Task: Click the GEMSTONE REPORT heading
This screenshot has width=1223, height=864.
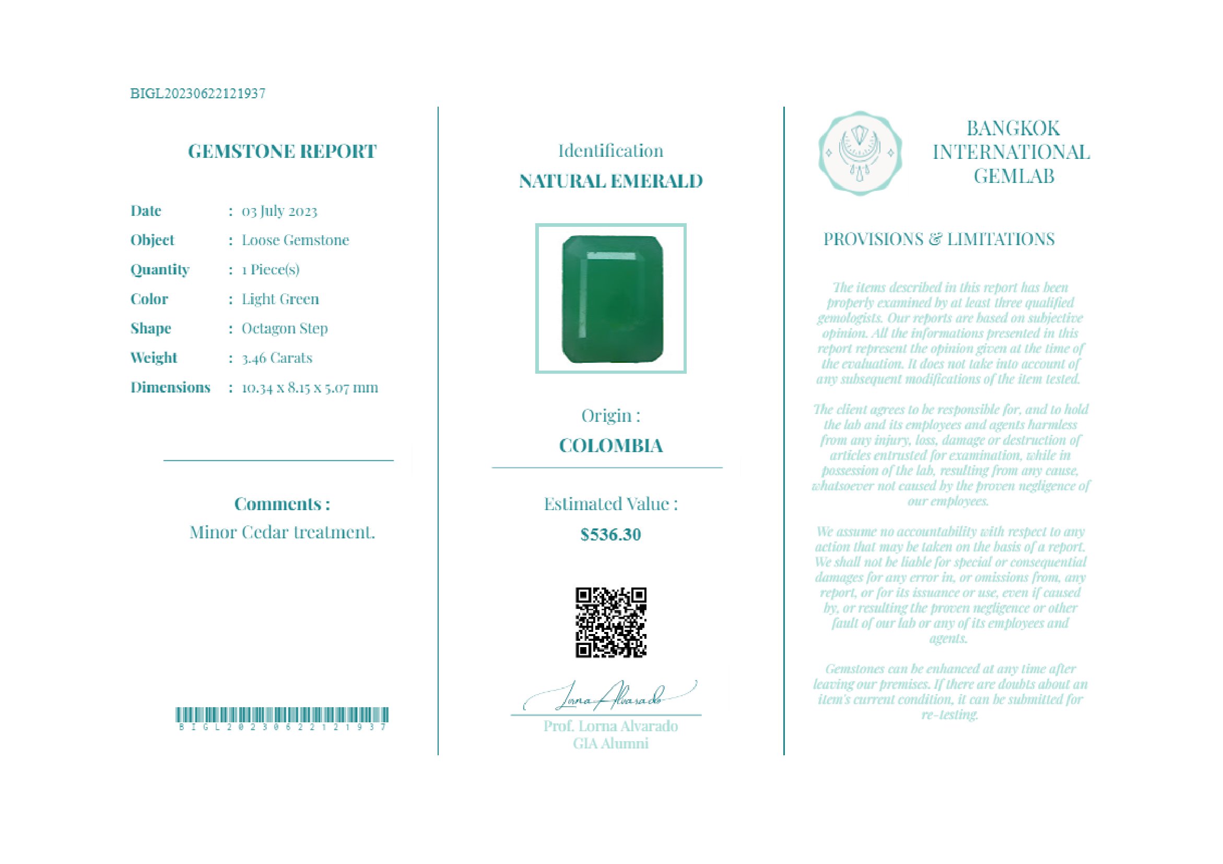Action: click(x=282, y=152)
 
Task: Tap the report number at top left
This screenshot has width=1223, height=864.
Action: click(x=197, y=94)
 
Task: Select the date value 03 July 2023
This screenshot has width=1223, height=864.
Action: click(x=279, y=211)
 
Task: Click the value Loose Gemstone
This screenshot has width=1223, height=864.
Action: click(x=295, y=240)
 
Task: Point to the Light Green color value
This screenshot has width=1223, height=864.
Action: click(x=280, y=299)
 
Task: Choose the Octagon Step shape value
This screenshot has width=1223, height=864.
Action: click(x=285, y=328)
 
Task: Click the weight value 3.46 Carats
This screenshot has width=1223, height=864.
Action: click(x=277, y=358)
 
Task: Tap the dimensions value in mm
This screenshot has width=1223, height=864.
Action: click(x=310, y=387)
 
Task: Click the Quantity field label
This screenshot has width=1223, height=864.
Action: click(x=160, y=270)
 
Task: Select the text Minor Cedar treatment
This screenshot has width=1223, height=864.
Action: click(x=283, y=532)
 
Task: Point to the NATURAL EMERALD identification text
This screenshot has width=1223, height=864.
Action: click(x=610, y=181)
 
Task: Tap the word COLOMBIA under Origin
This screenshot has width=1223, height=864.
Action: click(x=610, y=446)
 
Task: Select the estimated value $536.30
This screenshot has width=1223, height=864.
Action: click(x=610, y=535)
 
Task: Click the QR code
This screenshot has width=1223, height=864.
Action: click(x=610, y=623)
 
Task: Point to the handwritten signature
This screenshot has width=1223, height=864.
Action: click(x=610, y=696)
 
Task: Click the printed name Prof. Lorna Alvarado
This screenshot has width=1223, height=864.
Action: click(x=610, y=726)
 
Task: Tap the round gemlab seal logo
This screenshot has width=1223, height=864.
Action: click(x=860, y=153)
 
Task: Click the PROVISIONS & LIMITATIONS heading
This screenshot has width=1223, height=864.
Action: click(x=938, y=239)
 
